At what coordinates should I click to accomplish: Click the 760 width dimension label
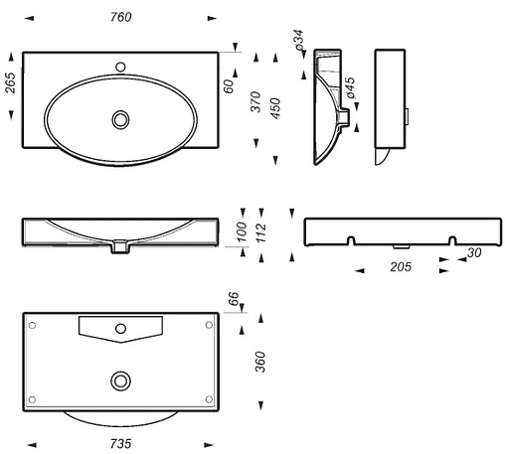coord(121,17)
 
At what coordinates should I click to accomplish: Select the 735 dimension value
coord(120,443)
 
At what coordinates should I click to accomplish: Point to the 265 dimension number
coord(10,83)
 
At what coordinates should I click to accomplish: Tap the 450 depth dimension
coord(275,108)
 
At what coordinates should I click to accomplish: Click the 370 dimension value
coord(255,101)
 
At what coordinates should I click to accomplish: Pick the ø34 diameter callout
coord(299,40)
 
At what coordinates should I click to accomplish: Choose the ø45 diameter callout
coord(350,87)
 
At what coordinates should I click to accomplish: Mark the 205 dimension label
coord(401,267)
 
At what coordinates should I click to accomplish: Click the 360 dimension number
coord(260,362)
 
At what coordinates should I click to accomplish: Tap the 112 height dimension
coord(261,232)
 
